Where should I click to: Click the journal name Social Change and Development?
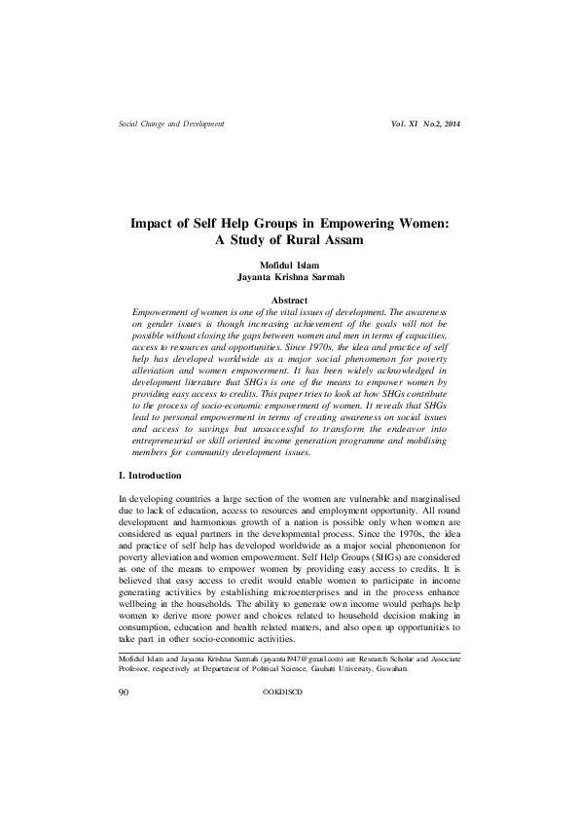(x=170, y=125)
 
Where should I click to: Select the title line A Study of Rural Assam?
(x=289, y=239)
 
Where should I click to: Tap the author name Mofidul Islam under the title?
(x=289, y=264)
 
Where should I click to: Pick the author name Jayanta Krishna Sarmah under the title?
(x=289, y=276)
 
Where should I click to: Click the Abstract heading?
(x=289, y=301)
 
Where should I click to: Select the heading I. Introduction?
(x=149, y=475)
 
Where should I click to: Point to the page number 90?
(x=124, y=692)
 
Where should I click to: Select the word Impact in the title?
(x=155, y=223)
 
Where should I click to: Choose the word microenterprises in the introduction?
(x=337, y=584)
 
